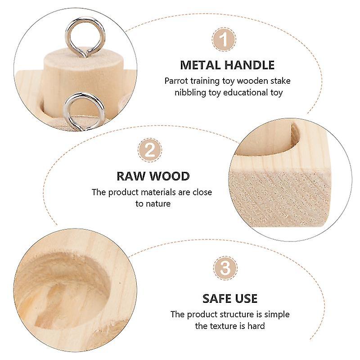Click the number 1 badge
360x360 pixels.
point(224,40)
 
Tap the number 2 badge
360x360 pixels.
point(150,150)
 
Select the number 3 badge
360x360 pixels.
point(225,268)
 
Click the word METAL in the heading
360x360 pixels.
point(200,65)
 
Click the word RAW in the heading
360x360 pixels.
point(130,176)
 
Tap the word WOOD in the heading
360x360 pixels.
point(170,176)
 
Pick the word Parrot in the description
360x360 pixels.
point(176,81)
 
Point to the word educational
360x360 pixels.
point(245,93)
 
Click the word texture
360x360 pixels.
point(224,326)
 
